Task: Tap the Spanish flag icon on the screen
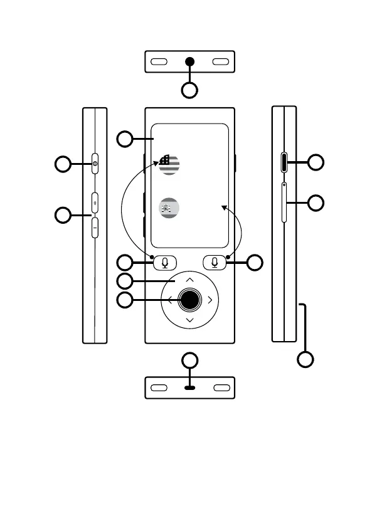[x=169, y=208]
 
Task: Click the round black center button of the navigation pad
[x=189, y=300]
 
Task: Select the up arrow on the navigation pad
[x=190, y=280]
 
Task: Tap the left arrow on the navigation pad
[x=169, y=300]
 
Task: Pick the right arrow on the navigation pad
[x=210, y=300]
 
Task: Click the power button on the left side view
[x=95, y=164]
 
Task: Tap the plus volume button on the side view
[x=95, y=203]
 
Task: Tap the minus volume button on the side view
[x=95, y=227]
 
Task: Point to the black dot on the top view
[x=190, y=62]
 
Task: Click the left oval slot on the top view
[x=159, y=62]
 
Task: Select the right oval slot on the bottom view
[x=221, y=387]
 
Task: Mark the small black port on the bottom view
[x=190, y=388]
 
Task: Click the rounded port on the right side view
[x=284, y=163]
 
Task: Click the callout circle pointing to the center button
[x=126, y=300]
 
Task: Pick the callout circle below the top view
[x=190, y=90]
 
